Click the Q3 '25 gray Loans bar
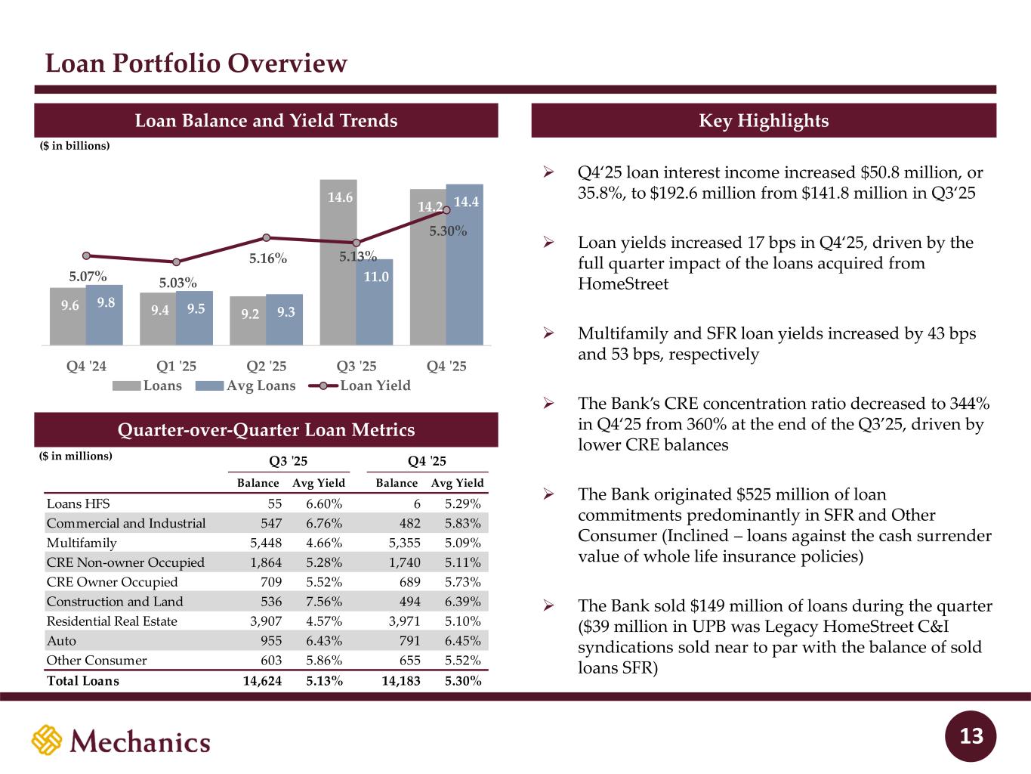coord(338,261)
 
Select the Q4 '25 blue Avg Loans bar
coord(465,265)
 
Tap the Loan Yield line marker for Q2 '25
coord(266,237)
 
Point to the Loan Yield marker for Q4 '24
coord(86,255)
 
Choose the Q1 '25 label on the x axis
coord(176,366)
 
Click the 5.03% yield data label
coord(178,283)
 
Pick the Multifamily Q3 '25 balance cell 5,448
coord(266,543)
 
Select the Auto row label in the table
coord(61,641)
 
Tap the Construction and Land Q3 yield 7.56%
coord(324,602)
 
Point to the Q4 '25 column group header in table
coord(427,461)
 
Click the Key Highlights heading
coord(764,121)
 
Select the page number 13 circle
coord(972,735)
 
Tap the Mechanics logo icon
coord(46,740)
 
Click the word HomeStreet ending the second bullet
coord(623,284)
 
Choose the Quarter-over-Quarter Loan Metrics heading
coord(267,430)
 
